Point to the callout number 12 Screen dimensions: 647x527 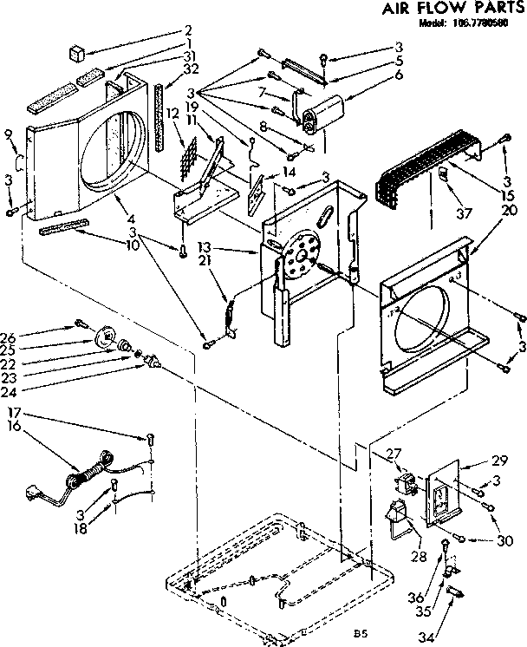click(x=172, y=113)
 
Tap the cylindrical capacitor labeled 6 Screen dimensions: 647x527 click(x=327, y=109)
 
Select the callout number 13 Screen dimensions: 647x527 click(x=228, y=246)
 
